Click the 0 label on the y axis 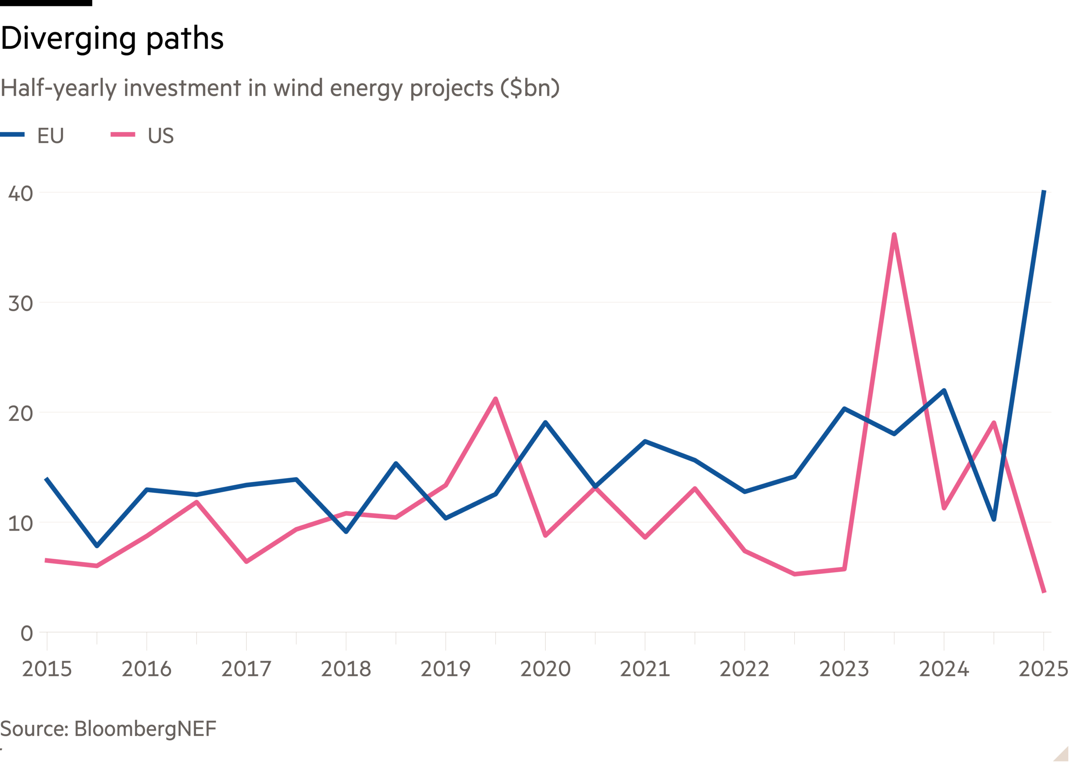point(26,633)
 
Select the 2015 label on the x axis point(47,669)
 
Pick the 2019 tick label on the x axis point(446,669)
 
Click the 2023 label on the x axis point(844,669)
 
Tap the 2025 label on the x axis point(1043,669)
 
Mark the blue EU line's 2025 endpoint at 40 point(1044,192)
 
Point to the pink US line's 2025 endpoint point(1044,592)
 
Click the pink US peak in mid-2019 point(495,398)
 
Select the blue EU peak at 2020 point(545,421)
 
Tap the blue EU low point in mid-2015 point(97,546)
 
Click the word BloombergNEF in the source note point(145,728)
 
